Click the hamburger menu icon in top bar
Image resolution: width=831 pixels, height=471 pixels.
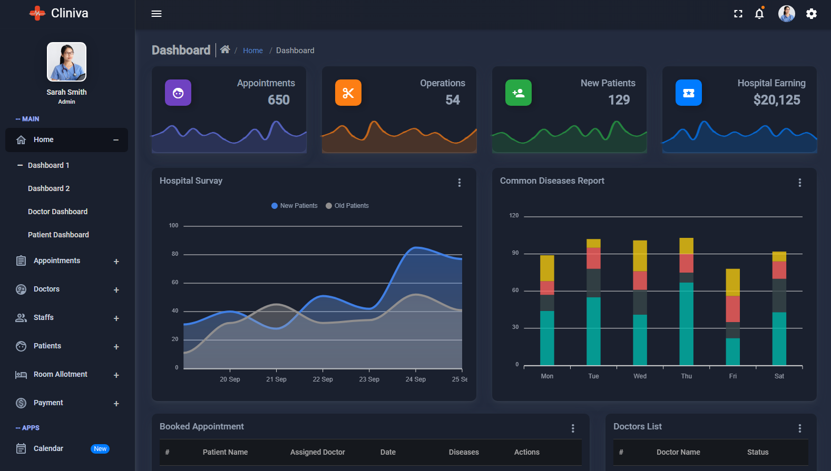157,14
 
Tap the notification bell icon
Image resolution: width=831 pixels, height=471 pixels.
759,14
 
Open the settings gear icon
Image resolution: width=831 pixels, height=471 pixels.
812,14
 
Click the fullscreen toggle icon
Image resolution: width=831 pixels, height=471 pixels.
738,14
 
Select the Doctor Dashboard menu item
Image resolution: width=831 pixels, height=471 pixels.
57,212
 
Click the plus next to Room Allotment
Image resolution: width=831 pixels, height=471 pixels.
116,375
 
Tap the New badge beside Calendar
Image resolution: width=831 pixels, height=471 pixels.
100,449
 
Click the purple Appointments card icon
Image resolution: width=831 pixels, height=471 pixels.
178,93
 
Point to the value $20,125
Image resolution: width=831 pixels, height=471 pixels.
776,100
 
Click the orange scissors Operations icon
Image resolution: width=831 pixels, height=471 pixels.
348,93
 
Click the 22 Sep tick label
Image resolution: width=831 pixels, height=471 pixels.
322,379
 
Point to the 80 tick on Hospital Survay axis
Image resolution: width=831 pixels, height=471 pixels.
175,254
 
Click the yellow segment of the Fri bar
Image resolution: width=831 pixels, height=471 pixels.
732,282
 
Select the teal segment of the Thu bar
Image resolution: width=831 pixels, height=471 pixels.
686,324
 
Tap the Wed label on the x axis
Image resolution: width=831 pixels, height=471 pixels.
640,376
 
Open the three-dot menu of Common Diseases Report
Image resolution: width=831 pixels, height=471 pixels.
799,183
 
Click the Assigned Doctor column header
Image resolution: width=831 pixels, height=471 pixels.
317,452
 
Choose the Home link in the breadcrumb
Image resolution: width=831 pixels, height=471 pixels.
252,51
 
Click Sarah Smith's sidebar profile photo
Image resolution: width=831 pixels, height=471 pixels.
66,62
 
